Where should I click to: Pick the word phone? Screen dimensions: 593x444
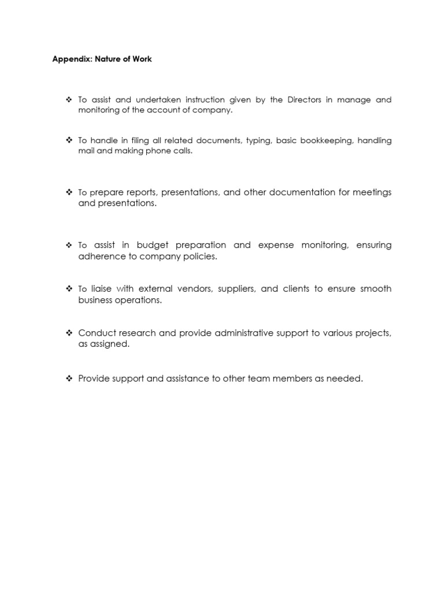pyautogui.click(x=150, y=151)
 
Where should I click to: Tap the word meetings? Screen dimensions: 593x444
pyautogui.click(x=372, y=192)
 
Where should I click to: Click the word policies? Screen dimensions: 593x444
pyautogui.click(x=198, y=256)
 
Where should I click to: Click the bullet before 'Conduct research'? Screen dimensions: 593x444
pyautogui.click(x=69, y=333)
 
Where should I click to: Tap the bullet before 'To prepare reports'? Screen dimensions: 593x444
pyautogui.click(x=69, y=192)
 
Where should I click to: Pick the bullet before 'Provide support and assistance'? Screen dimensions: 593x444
pyautogui.click(x=69, y=379)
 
